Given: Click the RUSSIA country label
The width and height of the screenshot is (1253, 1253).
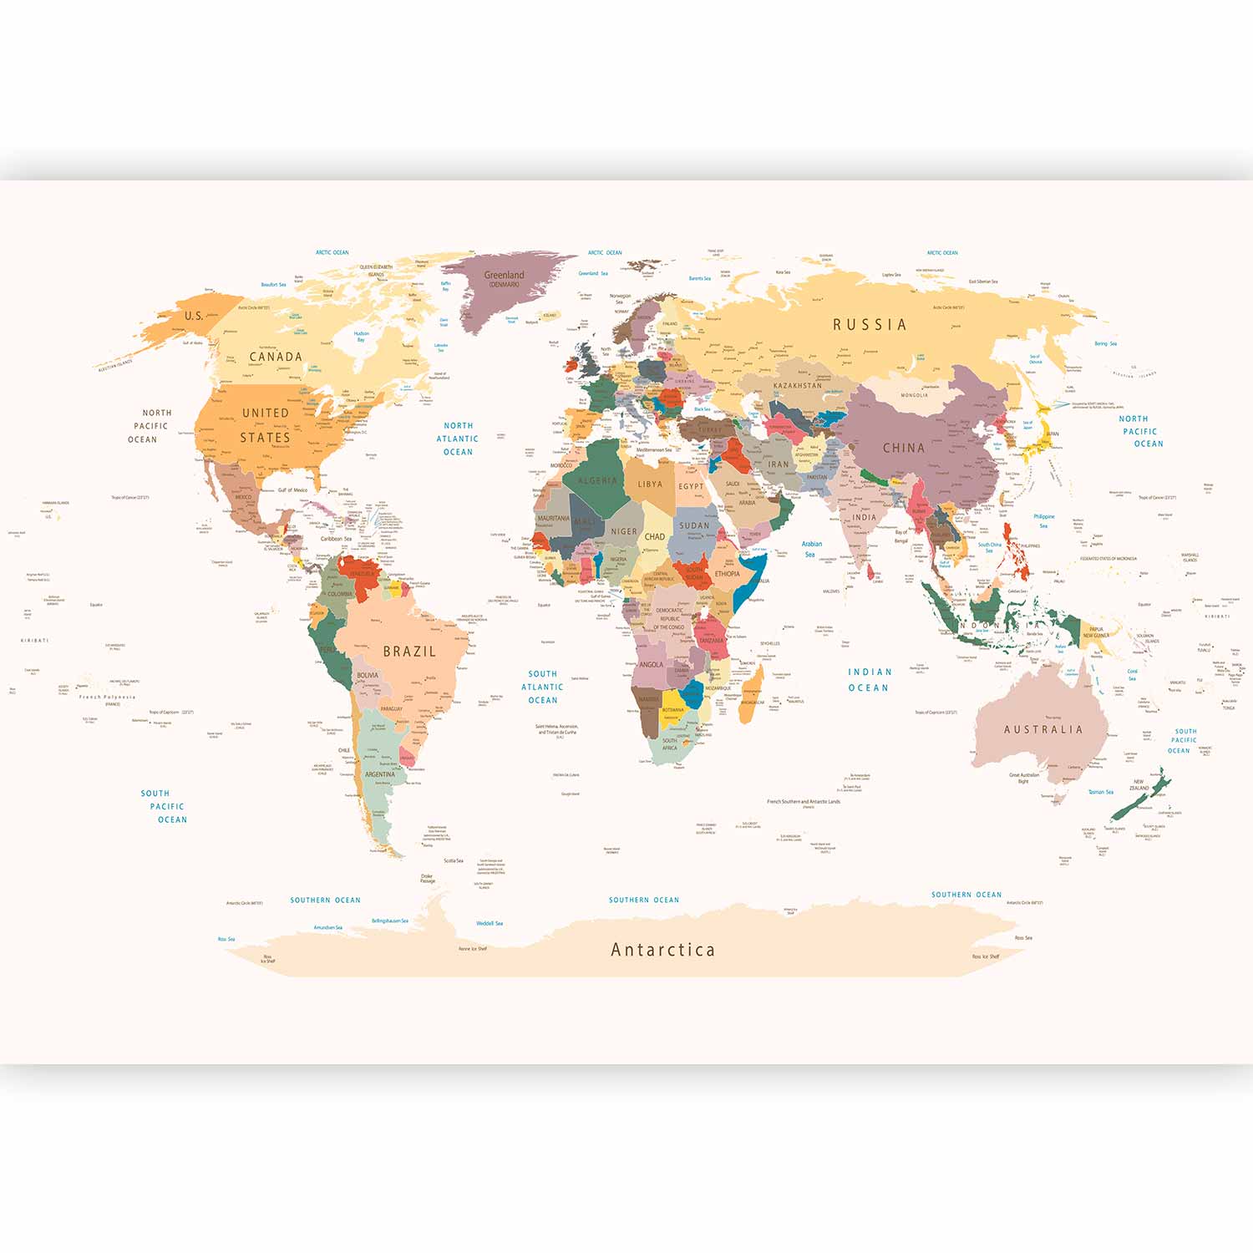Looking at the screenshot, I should click(x=870, y=325).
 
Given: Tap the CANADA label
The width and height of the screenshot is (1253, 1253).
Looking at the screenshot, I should click(x=276, y=357).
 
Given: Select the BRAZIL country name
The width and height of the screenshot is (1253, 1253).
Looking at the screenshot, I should click(x=409, y=652).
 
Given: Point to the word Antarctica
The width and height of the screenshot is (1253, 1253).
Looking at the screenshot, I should click(x=662, y=950).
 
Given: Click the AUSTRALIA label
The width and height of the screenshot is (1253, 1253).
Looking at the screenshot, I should click(x=1043, y=729).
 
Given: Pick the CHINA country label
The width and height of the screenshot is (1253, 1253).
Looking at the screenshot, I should click(x=904, y=448).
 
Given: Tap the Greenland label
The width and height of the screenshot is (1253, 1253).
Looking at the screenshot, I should click(x=504, y=276).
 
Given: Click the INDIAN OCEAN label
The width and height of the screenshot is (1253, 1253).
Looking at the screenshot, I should click(x=869, y=680).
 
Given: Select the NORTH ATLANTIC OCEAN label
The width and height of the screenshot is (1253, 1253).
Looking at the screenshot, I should click(x=458, y=439).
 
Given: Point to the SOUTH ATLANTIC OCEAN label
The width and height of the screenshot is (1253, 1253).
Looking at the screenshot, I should click(x=542, y=687).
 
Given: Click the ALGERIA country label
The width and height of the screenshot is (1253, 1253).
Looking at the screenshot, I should click(x=598, y=480).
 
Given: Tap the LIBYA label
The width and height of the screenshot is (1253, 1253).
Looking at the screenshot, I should click(x=650, y=484).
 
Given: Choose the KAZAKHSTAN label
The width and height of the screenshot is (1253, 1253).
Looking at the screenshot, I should click(x=798, y=386).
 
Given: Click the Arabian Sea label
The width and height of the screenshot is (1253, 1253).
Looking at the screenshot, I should click(x=811, y=549).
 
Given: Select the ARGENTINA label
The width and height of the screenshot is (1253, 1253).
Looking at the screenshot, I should click(x=380, y=774).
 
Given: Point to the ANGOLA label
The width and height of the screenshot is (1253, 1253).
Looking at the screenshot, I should click(x=652, y=665).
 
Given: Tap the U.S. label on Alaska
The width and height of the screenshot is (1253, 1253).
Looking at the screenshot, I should click(x=193, y=316).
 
